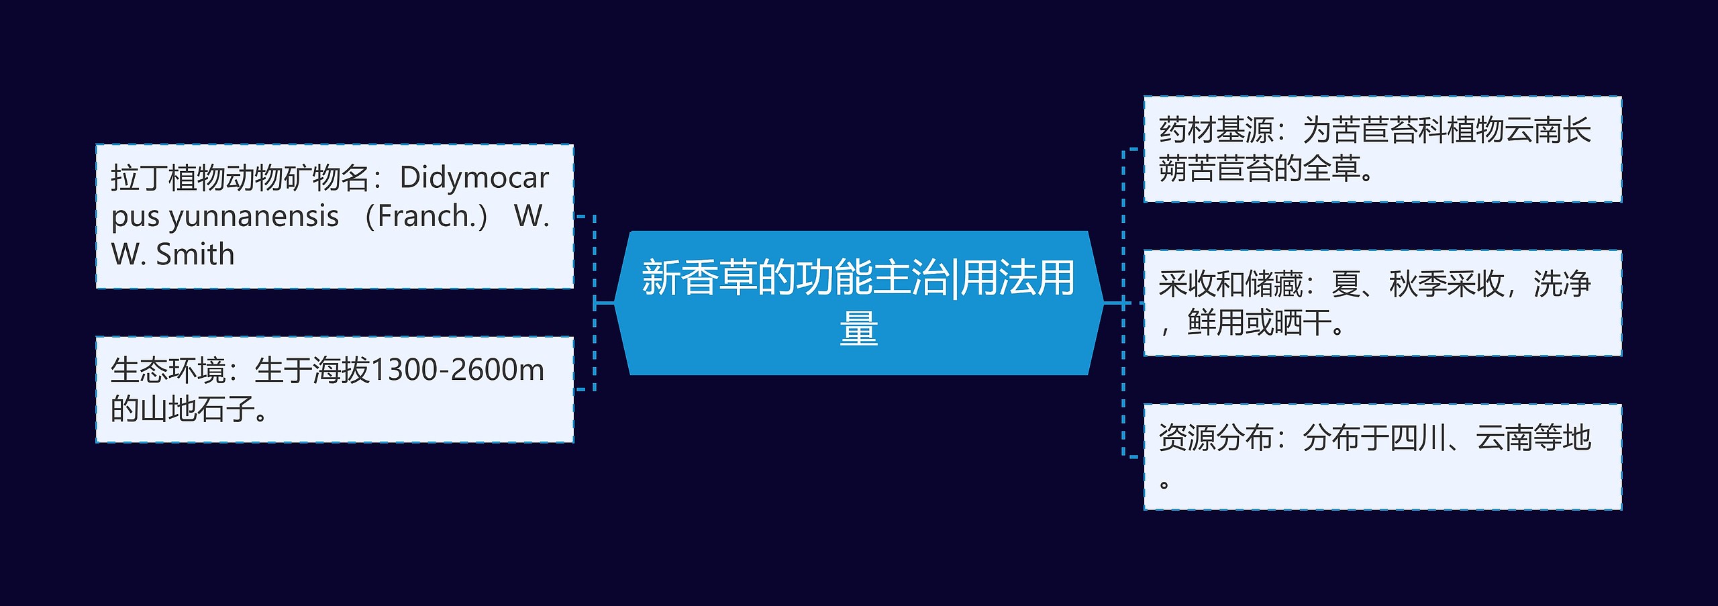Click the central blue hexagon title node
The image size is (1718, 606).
pyautogui.click(x=858, y=303)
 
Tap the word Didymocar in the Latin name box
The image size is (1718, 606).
pyautogui.click(x=474, y=178)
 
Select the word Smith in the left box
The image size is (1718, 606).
pyautogui.click(x=195, y=255)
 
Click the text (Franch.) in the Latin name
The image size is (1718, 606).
pyautogui.click(x=425, y=216)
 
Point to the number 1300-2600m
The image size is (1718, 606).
pyautogui.click(x=457, y=370)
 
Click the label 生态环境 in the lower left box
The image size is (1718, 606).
pyautogui.click(x=168, y=370)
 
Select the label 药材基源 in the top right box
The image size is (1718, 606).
pyautogui.click(x=1216, y=130)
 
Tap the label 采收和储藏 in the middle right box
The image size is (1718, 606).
pyautogui.click(x=1230, y=284)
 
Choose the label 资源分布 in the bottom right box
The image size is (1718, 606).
pyautogui.click(x=1216, y=438)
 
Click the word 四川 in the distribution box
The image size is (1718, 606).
pyautogui.click(x=1417, y=438)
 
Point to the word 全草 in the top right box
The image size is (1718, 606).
pyautogui.click(x=1331, y=168)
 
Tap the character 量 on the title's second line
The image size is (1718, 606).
pyautogui.click(x=858, y=329)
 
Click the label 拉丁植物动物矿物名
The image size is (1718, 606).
pyautogui.click(x=240, y=178)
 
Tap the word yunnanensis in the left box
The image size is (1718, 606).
pyautogui.click(x=254, y=217)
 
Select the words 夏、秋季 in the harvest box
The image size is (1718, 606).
pyautogui.click(x=1388, y=284)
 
